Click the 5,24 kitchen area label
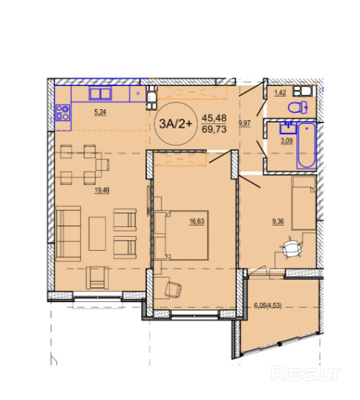pos(100,112)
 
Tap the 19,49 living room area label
pos(102,190)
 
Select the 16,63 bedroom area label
pos(197,221)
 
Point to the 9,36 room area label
pos(278,221)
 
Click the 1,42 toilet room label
pos(280,92)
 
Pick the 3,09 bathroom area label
pos(287,140)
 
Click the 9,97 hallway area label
pos(244,123)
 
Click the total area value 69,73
pos(214,129)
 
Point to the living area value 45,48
pos(214,118)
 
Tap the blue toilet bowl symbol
pos(298,108)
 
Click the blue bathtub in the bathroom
pos(307,145)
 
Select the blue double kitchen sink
pos(100,93)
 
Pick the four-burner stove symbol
pos(63,113)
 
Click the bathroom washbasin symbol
pos(288,128)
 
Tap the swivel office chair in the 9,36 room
pos(291,248)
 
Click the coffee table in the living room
pos(97,234)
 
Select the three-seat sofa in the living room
pos(68,234)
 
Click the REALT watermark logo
pos(306,373)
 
